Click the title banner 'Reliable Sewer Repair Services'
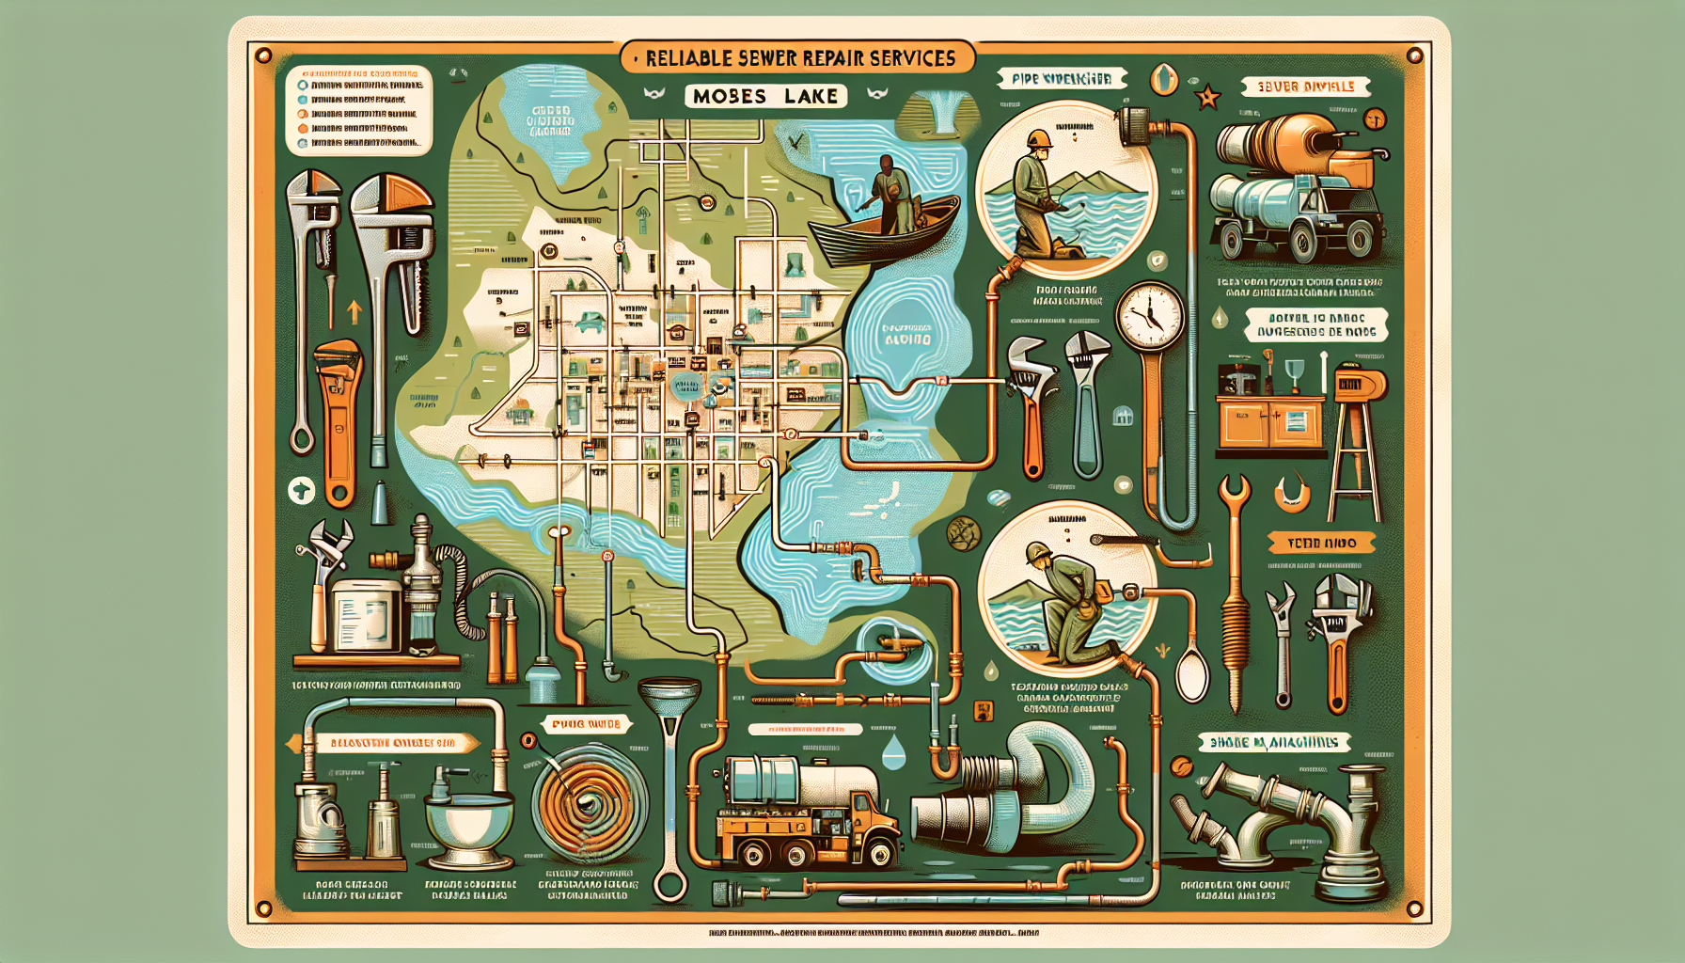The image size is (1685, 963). point(799,58)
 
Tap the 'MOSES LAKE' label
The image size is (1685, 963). point(765,96)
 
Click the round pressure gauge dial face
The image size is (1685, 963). point(1150,315)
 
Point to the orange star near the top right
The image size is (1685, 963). point(1207,96)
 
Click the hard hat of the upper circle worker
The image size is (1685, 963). point(1039,139)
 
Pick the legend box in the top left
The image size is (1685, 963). point(358,110)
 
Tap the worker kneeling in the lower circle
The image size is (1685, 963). point(1064,599)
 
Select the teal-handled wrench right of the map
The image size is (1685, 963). point(1088,404)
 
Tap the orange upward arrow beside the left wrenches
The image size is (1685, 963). point(354,311)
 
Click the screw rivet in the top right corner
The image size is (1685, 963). point(1414,56)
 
